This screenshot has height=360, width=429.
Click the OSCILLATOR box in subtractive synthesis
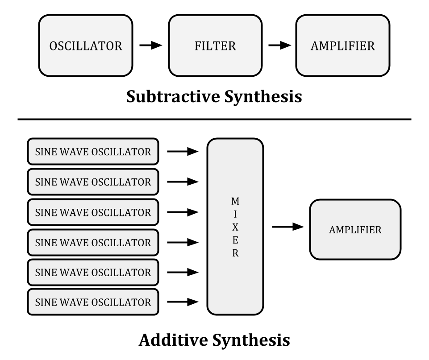click(85, 46)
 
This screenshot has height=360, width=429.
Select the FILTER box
click(215, 46)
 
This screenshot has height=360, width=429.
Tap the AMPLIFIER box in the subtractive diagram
click(342, 46)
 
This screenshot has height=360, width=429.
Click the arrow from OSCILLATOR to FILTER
click(150, 46)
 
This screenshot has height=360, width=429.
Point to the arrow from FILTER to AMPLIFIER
click(279, 46)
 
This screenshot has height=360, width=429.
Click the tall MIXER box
click(235, 227)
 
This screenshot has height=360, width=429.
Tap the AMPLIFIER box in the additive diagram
click(355, 230)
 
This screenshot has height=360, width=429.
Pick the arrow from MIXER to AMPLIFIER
click(288, 227)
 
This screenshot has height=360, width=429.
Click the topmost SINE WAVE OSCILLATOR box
click(93, 152)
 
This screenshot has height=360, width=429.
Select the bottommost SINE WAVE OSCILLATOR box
click(93, 302)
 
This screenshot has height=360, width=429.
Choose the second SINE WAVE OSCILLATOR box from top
click(93, 182)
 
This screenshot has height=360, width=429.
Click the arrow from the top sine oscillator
click(183, 152)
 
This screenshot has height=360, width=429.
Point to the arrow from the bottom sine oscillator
click(183, 302)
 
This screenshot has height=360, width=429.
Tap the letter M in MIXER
click(235, 201)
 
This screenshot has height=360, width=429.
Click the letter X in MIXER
click(235, 227)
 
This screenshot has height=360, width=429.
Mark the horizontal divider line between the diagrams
click(214, 120)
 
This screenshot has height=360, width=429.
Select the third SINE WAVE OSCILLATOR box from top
click(93, 212)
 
